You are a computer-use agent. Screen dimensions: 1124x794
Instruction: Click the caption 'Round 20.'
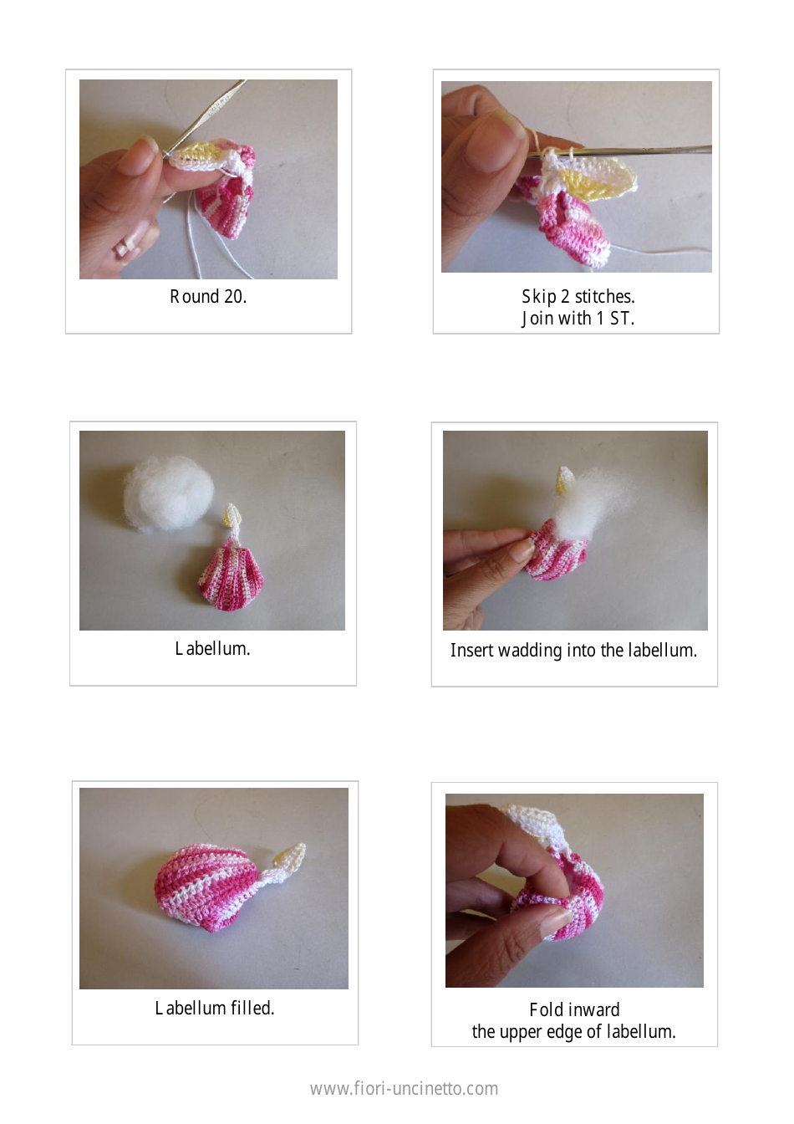pyautogui.click(x=208, y=297)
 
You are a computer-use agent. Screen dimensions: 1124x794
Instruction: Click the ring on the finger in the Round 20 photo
pyautogui.click(x=123, y=248)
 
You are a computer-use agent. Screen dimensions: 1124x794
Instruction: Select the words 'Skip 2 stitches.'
pyautogui.click(x=578, y=297)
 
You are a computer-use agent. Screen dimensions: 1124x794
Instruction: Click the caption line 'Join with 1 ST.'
pyautogui.click(x=578, y=319)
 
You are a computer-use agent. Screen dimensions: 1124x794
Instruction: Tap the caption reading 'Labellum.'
pyautogui.click(x=212, y=649)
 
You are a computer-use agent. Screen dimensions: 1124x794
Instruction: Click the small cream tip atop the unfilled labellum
pyautogui.click(x=232, y=515)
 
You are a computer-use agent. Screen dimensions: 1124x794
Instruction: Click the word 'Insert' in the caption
pyautogui.click(x=471, y=651)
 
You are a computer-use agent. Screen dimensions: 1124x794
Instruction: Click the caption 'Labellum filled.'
pyautogui.click(x=214, y=1009)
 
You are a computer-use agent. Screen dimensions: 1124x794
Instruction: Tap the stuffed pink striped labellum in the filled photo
pyautogui.click(x=206, y=886)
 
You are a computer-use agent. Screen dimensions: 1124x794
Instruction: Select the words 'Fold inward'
pyautogui.click(x=574, y=1010)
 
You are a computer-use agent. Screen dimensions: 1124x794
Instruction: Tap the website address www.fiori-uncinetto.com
pyautogui.click(x=404, y=1089)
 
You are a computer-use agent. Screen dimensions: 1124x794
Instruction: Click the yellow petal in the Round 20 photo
pyautogui.click(x=198, y=153)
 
